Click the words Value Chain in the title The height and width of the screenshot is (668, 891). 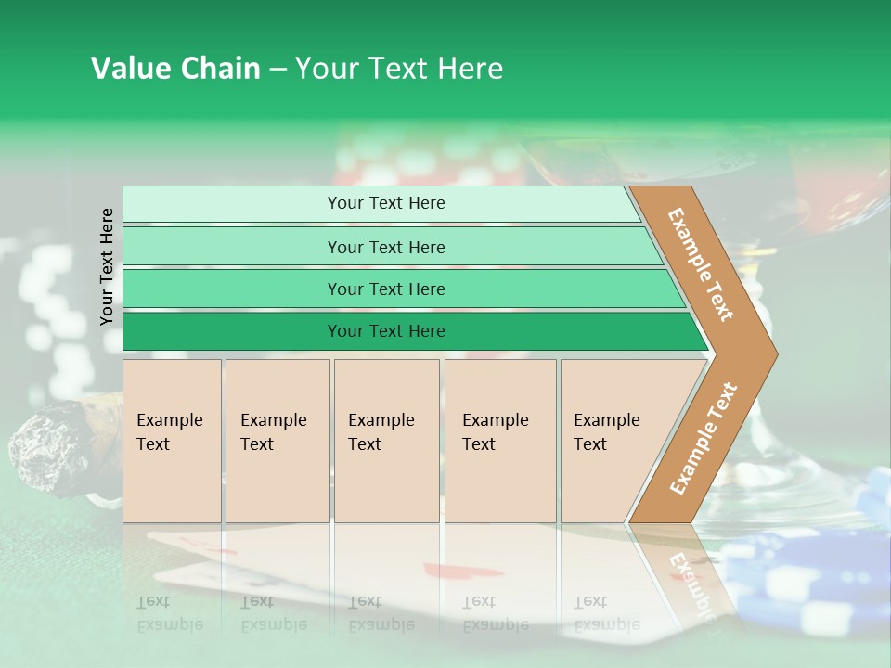click(175, 69)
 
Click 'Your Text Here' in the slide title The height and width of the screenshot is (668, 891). click(399, 69)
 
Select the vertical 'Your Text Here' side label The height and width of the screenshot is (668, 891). click(108, 267)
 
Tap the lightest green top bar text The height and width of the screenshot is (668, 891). click(386, 203)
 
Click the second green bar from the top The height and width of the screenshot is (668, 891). click(386, 247)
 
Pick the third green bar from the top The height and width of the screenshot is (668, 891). click(386, 289)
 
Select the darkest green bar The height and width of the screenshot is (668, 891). click(386, 331)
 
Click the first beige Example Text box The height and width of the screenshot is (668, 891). click(172, 440)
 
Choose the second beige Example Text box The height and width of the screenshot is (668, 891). click(277, 440)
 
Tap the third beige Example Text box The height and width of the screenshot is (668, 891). click(386, 440)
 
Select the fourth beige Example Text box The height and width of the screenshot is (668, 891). click(499, 440)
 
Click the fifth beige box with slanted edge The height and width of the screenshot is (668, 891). click(613, 440)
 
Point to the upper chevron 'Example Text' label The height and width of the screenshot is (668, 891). click(701, 264)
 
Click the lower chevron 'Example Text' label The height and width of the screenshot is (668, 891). click(704, 439)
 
